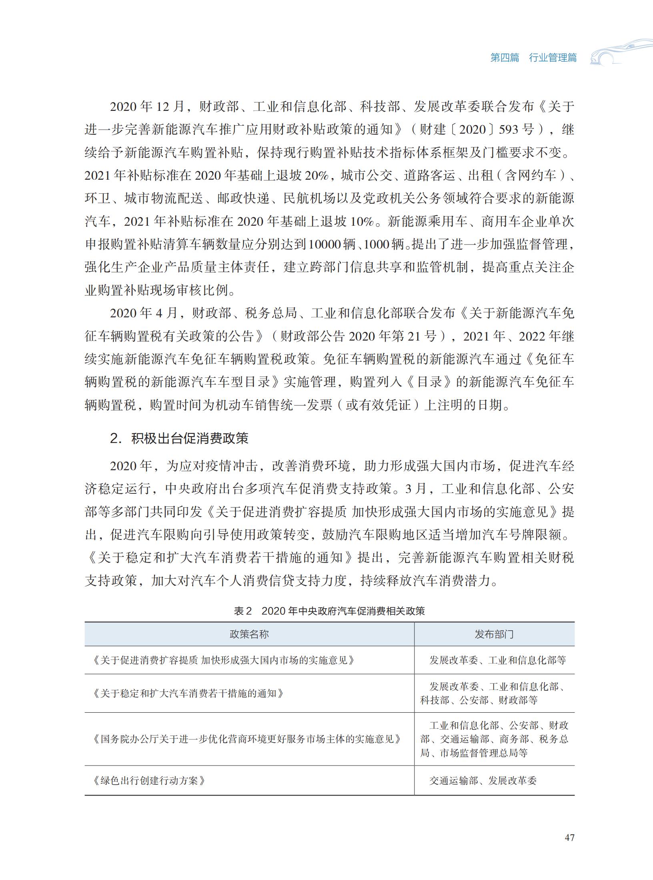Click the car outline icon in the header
(x=620, y=52)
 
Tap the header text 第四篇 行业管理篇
(x=533, y=58)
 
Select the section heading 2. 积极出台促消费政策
(x=179, y=439)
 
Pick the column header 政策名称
(x=249, y=634)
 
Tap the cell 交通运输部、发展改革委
(x=483, y=780)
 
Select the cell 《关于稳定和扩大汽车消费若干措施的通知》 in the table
(x=188, y=693)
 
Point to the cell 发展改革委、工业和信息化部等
(x=498, y=660)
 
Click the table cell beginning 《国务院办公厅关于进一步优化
(x=246, y=739)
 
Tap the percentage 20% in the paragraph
(x=316, y=175)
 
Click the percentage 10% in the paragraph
(x=362, y=221)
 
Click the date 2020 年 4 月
(x=144, y=313)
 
